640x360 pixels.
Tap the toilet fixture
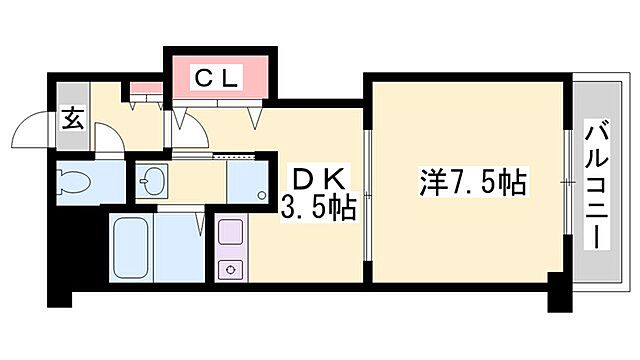pyautogui.click(x=75, y=182)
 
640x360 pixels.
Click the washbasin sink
pyautogui.click(x=152, y=182)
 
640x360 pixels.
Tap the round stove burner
pyautogui.click(x=230, y=269)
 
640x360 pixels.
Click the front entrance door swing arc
pyautogui.click(x=29, y=132)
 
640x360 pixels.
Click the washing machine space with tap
pyautogui.click(x=246, y=183)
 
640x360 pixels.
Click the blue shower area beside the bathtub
pyautogui.click(x=182, y=248)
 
